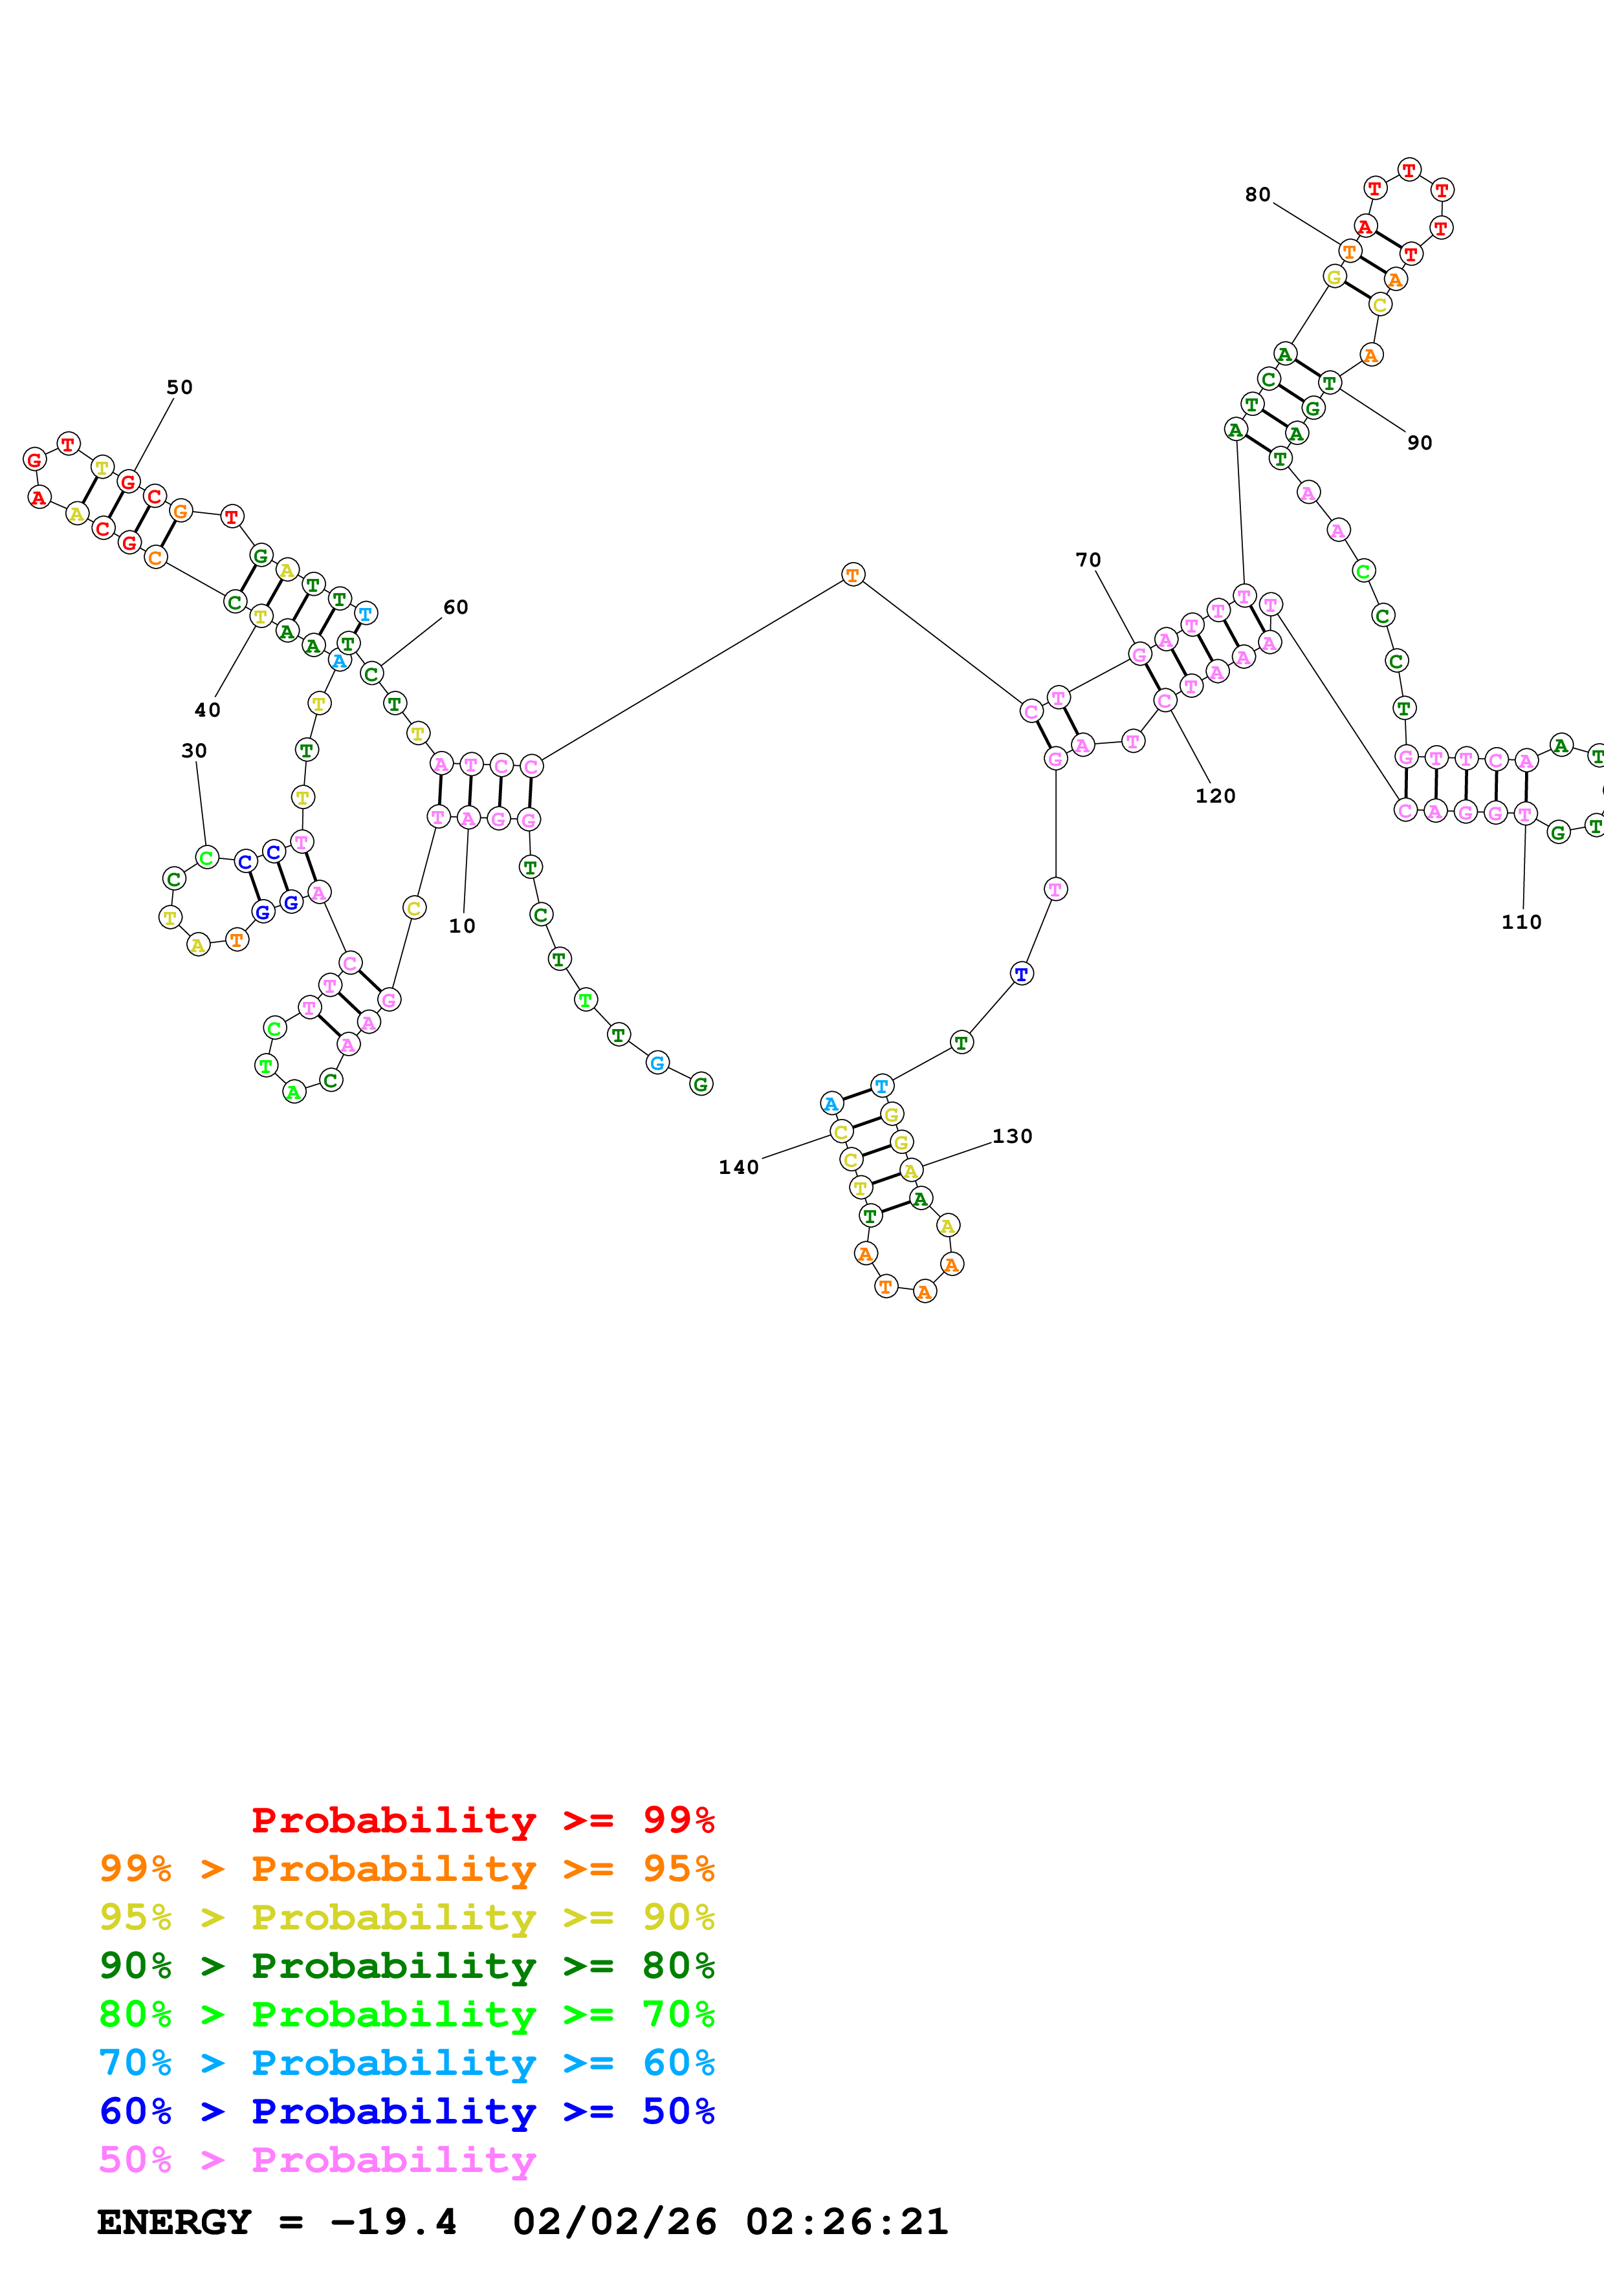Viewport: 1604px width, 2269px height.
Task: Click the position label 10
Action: (461, 926)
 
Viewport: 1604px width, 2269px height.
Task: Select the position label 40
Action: (208, 710)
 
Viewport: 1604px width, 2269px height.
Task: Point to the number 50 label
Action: (179, 387)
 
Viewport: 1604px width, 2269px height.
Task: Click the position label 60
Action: (456, 607)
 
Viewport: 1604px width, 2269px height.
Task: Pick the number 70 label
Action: (1088, 560)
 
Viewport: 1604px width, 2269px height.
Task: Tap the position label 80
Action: (1257, 195)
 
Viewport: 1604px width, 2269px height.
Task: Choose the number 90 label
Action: (1419, 442)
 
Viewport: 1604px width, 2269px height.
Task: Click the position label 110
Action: (1521, 922)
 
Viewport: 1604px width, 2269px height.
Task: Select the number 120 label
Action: (1214, 796)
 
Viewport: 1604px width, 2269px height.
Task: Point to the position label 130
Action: (1012, 1136)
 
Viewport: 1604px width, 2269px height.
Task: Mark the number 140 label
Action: (738, 1167)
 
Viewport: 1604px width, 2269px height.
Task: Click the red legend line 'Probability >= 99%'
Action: (482, 1819)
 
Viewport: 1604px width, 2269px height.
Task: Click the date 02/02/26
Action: (615, 2222)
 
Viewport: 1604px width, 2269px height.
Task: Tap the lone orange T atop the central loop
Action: (853, 574)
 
